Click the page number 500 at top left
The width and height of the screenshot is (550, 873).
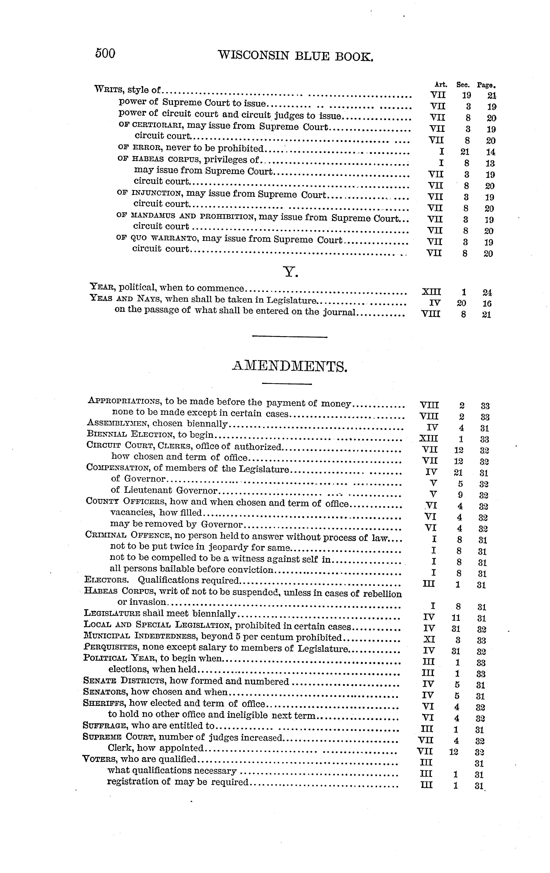tap(105, 54)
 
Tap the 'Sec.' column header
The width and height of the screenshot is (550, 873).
tap(463, 85)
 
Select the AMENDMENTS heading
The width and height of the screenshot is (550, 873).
tap(290, 367)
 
